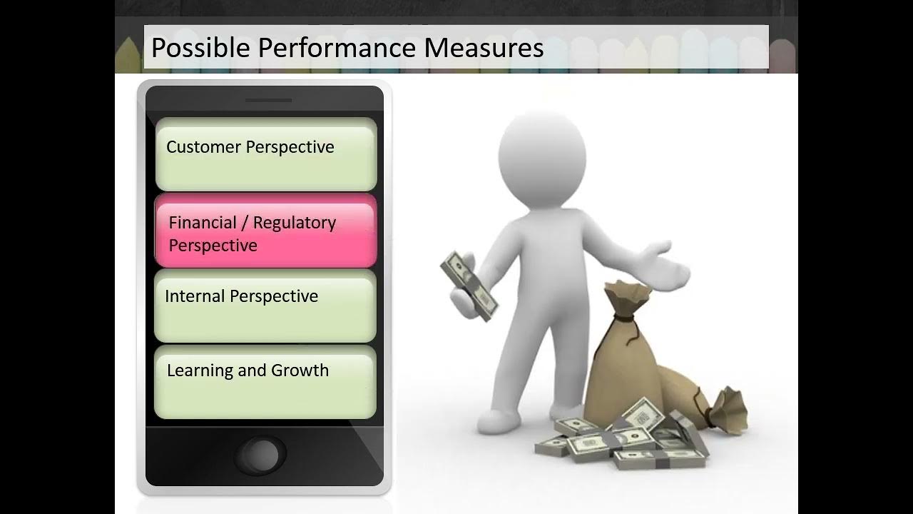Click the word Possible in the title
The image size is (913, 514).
pos(200,48)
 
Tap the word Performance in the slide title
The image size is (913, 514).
pos(337,48)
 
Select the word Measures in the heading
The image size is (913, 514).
pos(484,48)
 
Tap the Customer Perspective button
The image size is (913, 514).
pos(266,154)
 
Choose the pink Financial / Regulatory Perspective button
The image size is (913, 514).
pos(266,231)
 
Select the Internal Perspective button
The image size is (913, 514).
pos(265,306)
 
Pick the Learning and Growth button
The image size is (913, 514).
pos(265,382)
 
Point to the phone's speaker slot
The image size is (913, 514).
pos(268,101)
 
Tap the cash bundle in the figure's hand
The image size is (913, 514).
pos(469,286)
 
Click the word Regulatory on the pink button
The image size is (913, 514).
pos(295,223)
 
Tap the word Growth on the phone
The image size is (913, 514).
pos(300,371)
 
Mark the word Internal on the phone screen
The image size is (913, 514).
pos(195,296)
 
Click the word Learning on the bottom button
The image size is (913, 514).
pos(200,371)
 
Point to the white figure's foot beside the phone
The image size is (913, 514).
pos(498,422)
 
